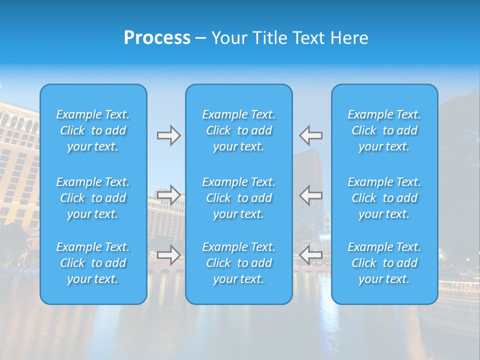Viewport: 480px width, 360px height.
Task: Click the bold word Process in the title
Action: click(157, 38)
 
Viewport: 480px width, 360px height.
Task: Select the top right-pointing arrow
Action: click(168, 135)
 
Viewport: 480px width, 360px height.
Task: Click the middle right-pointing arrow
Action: click(168, 195)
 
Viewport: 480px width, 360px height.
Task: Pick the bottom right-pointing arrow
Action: click(168, 255)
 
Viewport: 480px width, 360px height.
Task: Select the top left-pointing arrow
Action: click(310, 135)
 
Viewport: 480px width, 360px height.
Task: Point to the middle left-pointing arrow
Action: click(310, 195)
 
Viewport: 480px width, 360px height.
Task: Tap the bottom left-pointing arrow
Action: click(310, 255)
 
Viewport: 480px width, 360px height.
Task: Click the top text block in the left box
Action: click(93, 130)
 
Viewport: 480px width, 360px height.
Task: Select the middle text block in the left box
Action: click(93, 198)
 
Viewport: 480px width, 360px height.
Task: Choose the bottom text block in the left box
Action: click(93, 263)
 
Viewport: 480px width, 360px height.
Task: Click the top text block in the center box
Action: click(239, 130)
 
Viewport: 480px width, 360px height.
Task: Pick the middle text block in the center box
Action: click(239, 198)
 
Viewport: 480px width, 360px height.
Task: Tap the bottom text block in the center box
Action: click(239, 263)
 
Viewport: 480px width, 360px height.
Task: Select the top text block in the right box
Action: click(384, 130)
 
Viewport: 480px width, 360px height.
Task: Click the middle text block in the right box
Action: click(384, 198)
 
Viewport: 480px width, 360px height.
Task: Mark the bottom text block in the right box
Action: click(384, 263)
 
